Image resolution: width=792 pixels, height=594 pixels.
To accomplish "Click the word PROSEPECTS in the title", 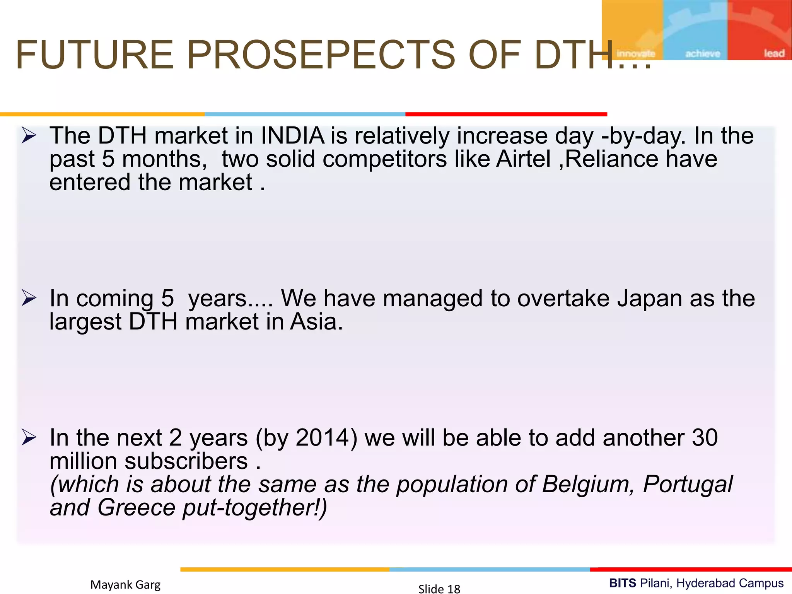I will point(321,55).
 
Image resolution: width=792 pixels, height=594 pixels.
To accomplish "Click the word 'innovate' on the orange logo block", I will point(635,53).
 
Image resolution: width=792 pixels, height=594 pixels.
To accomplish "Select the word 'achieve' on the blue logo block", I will point(703,53).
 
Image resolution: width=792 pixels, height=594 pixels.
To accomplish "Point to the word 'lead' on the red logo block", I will point(774,53).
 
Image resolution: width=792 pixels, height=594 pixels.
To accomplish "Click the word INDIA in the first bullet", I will point(293,136).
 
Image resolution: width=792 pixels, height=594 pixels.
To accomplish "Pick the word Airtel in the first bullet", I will point(523,159).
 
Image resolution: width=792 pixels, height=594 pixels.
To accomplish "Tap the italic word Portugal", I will point(688,484).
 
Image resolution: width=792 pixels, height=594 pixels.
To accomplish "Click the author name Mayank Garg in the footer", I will point(125,584).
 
